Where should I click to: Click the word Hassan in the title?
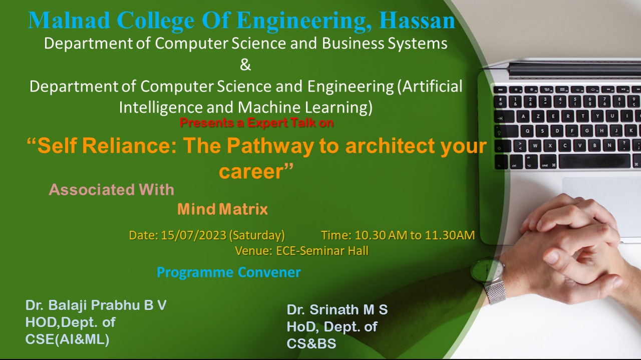417,21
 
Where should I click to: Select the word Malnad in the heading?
69,21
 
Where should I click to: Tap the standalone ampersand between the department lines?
245,65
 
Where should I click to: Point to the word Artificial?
430,86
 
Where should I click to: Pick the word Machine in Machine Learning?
269,107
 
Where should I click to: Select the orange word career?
251,171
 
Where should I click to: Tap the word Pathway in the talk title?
270,146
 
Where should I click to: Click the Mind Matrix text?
223,209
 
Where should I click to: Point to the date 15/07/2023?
194,235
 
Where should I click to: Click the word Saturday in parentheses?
257,235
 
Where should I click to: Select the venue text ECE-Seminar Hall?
322,251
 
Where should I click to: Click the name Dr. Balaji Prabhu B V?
96,305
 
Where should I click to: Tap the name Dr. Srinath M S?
337,309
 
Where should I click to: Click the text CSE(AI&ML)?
67,339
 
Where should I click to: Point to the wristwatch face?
486,269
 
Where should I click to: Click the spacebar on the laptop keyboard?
594,161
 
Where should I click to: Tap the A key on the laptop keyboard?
523,117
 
